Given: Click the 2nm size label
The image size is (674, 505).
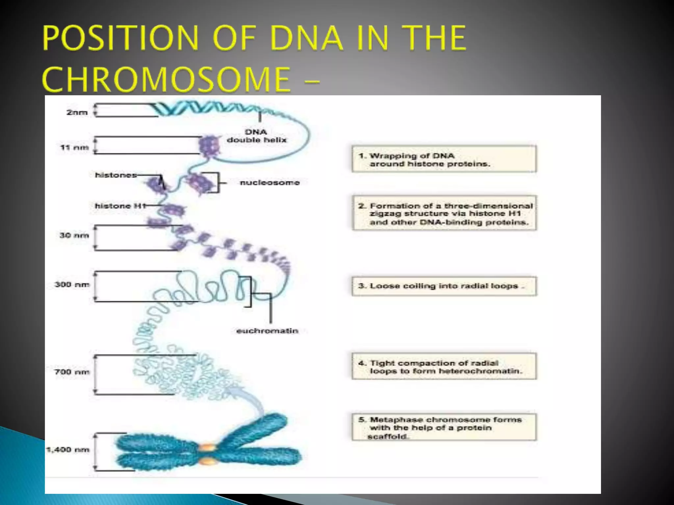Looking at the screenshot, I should tap(77, 112).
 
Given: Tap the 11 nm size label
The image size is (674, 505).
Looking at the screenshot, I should tap(74, 147).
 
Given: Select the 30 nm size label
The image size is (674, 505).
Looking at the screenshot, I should tap(74, 235).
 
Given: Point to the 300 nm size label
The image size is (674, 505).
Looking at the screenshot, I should tap(72, 284).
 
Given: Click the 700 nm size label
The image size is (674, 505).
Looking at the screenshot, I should tap(72, 372).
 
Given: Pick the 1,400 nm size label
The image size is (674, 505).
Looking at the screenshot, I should tap(68, 449).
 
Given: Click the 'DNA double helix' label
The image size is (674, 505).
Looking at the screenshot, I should tap(256, 136).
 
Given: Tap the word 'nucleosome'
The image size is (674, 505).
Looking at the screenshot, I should tap(270, 182).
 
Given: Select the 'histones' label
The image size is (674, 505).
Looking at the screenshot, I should tap(116, 175).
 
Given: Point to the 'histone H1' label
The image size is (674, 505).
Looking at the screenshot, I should tap(120, 206).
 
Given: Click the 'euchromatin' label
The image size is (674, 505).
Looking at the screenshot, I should tap(267, 331).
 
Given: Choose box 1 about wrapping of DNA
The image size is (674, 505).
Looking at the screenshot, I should tap(444, 159).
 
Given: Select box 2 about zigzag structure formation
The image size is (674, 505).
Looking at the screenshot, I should tap(444, 213).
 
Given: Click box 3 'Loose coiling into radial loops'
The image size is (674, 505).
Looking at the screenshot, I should tap(444, 286).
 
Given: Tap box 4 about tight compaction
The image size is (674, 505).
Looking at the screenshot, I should tap(444, 367).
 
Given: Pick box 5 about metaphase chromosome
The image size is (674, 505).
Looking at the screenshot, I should tap(444, 427).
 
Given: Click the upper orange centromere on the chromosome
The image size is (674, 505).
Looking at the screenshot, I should tap(207, 447).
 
